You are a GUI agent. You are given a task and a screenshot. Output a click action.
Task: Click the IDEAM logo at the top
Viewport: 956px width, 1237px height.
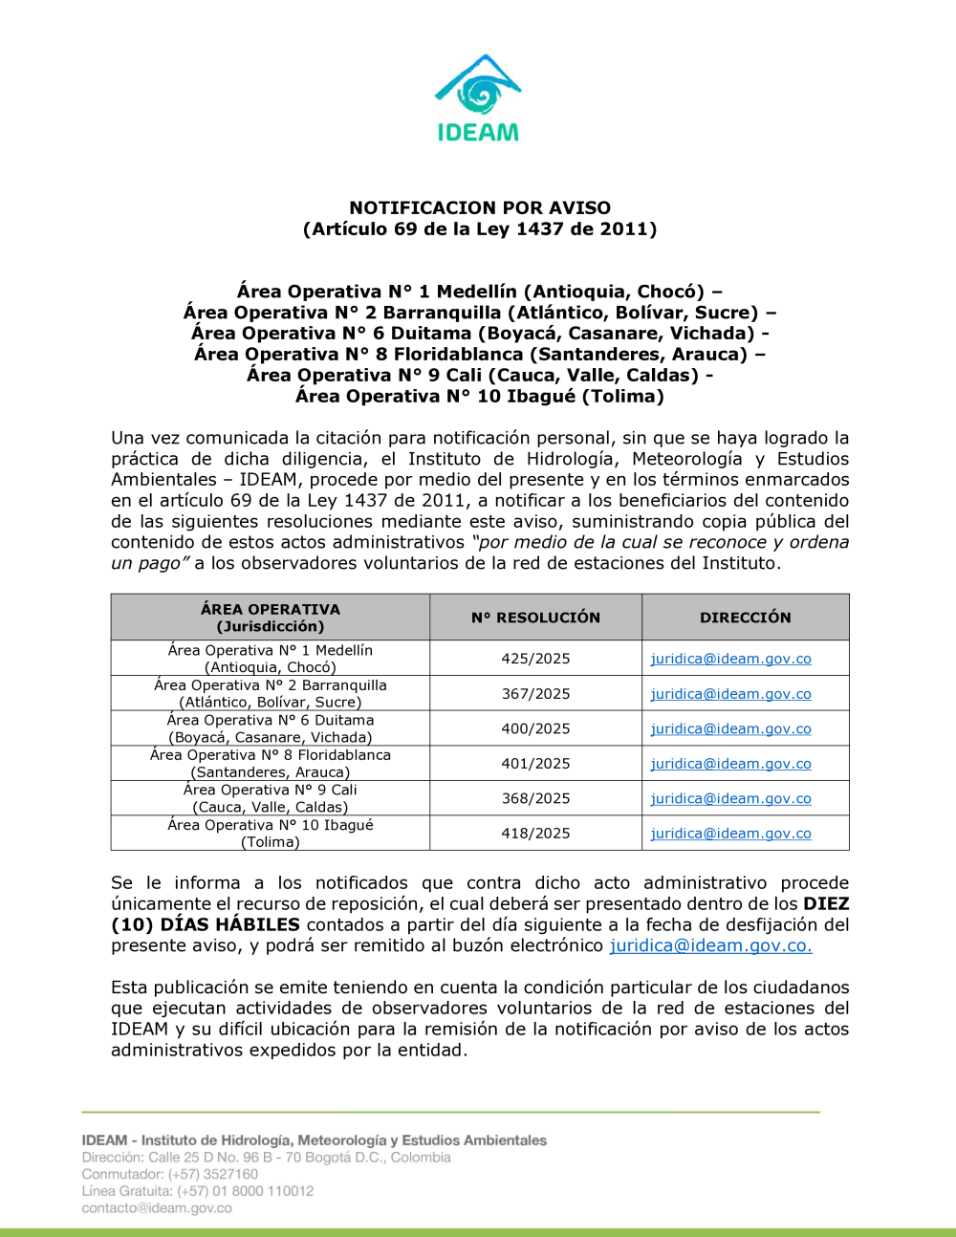478,98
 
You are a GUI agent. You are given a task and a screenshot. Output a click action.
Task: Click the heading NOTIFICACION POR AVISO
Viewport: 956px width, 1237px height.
480,207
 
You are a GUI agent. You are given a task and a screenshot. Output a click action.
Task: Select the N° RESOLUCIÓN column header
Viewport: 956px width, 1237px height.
535,618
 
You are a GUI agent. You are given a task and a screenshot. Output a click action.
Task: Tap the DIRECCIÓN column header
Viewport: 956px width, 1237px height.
746,618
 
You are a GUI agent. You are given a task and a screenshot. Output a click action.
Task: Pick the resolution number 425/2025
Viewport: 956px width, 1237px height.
535,659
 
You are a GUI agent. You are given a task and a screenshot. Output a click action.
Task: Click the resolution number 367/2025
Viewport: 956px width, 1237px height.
535,694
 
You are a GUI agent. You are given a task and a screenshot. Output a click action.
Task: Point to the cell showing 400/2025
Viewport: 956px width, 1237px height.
535,728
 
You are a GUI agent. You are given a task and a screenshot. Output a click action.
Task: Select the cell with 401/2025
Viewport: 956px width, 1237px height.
535,764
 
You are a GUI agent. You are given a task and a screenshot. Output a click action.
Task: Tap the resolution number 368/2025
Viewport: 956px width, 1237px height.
535,798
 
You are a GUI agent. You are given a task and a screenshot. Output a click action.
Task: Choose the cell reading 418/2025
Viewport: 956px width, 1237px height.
535,834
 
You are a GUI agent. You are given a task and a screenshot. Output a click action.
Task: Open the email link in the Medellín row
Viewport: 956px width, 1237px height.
730,659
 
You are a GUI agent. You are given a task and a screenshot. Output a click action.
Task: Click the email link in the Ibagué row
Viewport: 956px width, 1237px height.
730,834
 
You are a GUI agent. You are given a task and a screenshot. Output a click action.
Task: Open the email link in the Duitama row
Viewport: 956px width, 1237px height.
730,728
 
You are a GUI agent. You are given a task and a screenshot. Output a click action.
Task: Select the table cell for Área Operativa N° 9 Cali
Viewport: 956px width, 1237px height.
271,798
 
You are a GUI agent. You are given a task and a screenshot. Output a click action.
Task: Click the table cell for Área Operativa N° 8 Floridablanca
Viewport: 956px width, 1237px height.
271,764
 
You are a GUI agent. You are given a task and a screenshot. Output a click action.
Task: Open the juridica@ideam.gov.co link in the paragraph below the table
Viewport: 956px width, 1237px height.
710,945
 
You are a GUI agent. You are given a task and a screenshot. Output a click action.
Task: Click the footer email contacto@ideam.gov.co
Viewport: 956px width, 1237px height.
157,1207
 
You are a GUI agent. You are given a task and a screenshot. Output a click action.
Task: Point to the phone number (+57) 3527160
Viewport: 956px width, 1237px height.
213,1174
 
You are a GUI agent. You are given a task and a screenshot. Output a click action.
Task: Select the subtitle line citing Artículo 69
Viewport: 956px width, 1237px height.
480,228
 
